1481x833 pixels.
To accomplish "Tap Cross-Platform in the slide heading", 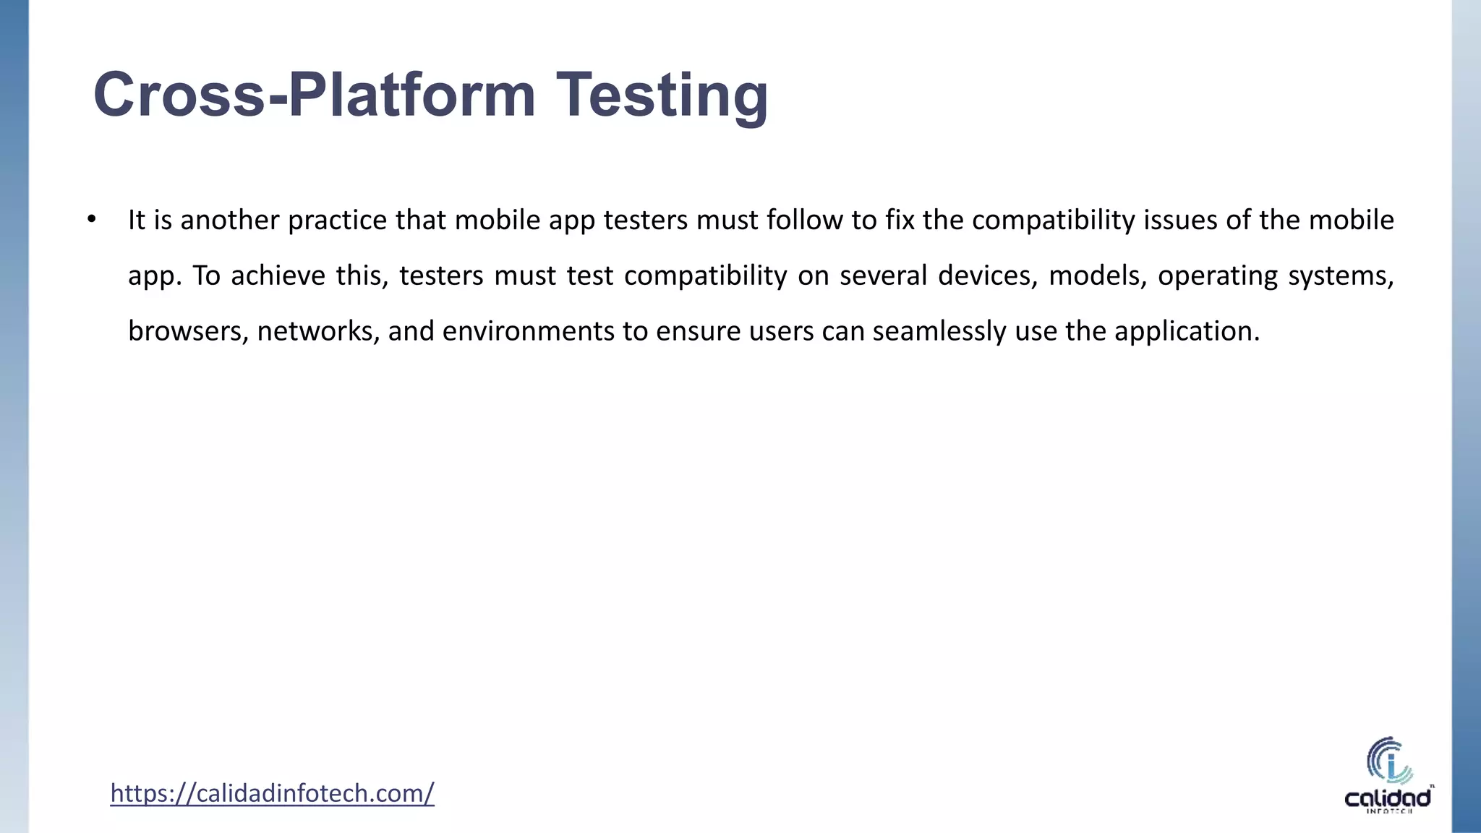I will pos(315,95).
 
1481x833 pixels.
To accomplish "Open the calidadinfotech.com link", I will pos(272,793).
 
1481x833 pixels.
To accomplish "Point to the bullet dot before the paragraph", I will pos(91,220).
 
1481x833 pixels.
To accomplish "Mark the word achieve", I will pos(278,275).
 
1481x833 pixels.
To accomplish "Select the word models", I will pos(1097,275).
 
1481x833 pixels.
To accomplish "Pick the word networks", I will pos(318,331).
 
